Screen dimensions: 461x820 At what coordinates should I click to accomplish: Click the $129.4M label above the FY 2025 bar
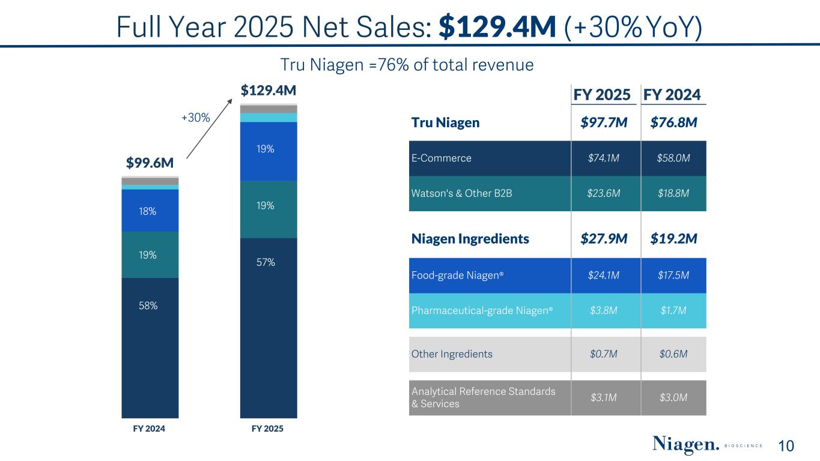pos(268,91)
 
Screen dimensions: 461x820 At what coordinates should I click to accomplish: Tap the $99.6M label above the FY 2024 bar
pos(150,163)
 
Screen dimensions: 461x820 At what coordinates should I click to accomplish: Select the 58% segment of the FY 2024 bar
pos(150,306)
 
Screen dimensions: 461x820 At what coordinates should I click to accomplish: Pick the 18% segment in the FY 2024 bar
pos(150,211)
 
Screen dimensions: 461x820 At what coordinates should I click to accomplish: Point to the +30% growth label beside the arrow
pos(195,118)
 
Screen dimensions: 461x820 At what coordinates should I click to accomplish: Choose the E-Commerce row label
pos(442,158)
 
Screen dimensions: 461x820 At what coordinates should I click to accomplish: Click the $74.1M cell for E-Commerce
pos(603,158)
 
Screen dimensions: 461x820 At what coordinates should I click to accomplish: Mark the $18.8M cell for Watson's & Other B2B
pos(673,193)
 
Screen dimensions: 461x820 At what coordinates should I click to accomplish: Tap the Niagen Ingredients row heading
pos(470,239)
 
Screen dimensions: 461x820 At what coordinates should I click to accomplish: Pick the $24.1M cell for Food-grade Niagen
pos(603,276)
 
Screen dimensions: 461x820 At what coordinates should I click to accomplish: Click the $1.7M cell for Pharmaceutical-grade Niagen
pos(673,310)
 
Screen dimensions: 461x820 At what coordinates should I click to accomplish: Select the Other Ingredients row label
pos(452,354)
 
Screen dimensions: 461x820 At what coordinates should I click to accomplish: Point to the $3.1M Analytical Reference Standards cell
pos(603,397)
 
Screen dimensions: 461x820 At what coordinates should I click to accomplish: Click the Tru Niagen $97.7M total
pos(604,123)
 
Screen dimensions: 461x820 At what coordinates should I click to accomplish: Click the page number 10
pos(786,446)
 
